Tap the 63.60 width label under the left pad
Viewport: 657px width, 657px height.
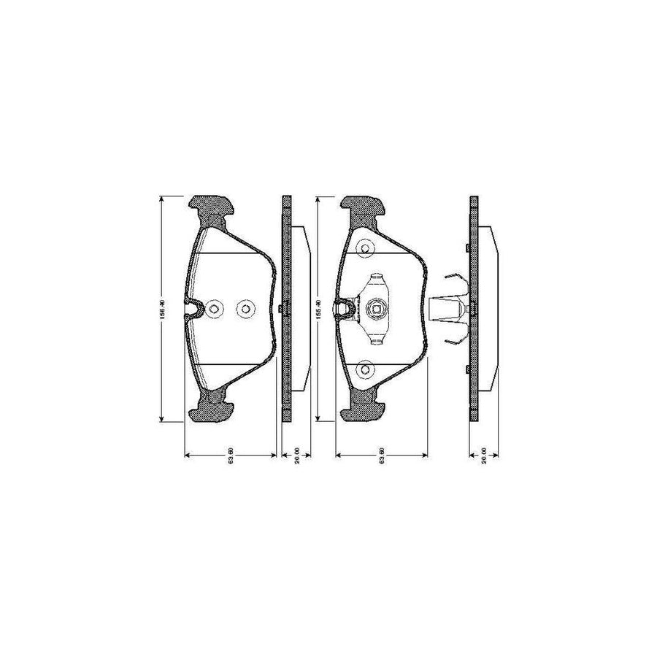(x=229, y=461)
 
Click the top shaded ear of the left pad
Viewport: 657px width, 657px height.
(x=212, y=210)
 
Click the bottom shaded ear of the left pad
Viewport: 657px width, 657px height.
(x=212, y=408)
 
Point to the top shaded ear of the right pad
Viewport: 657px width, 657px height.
(x=364, y=210)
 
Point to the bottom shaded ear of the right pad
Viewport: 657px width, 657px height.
(x=364, y=408)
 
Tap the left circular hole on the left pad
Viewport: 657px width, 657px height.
(x=213, y=309)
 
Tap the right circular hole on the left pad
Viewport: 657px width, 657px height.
(x=245, y=309)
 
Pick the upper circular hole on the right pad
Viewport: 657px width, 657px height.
(x=365, y=250)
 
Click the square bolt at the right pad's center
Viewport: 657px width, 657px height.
(x=377, y=309)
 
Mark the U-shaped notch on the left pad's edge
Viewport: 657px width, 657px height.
(x=193, y=310)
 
